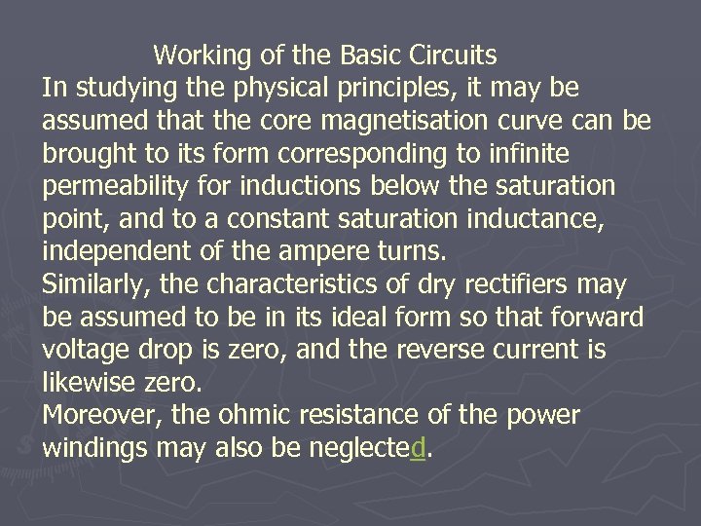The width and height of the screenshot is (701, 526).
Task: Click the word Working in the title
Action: (203, 56)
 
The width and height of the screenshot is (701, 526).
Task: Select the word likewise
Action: (86, 383)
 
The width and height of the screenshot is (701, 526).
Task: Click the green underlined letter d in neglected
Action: (419, 449)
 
